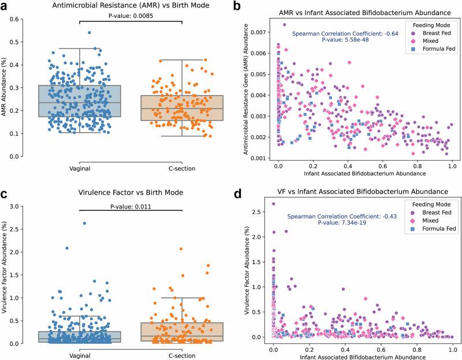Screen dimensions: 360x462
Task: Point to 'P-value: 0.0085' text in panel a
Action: (x=131, y=17)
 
